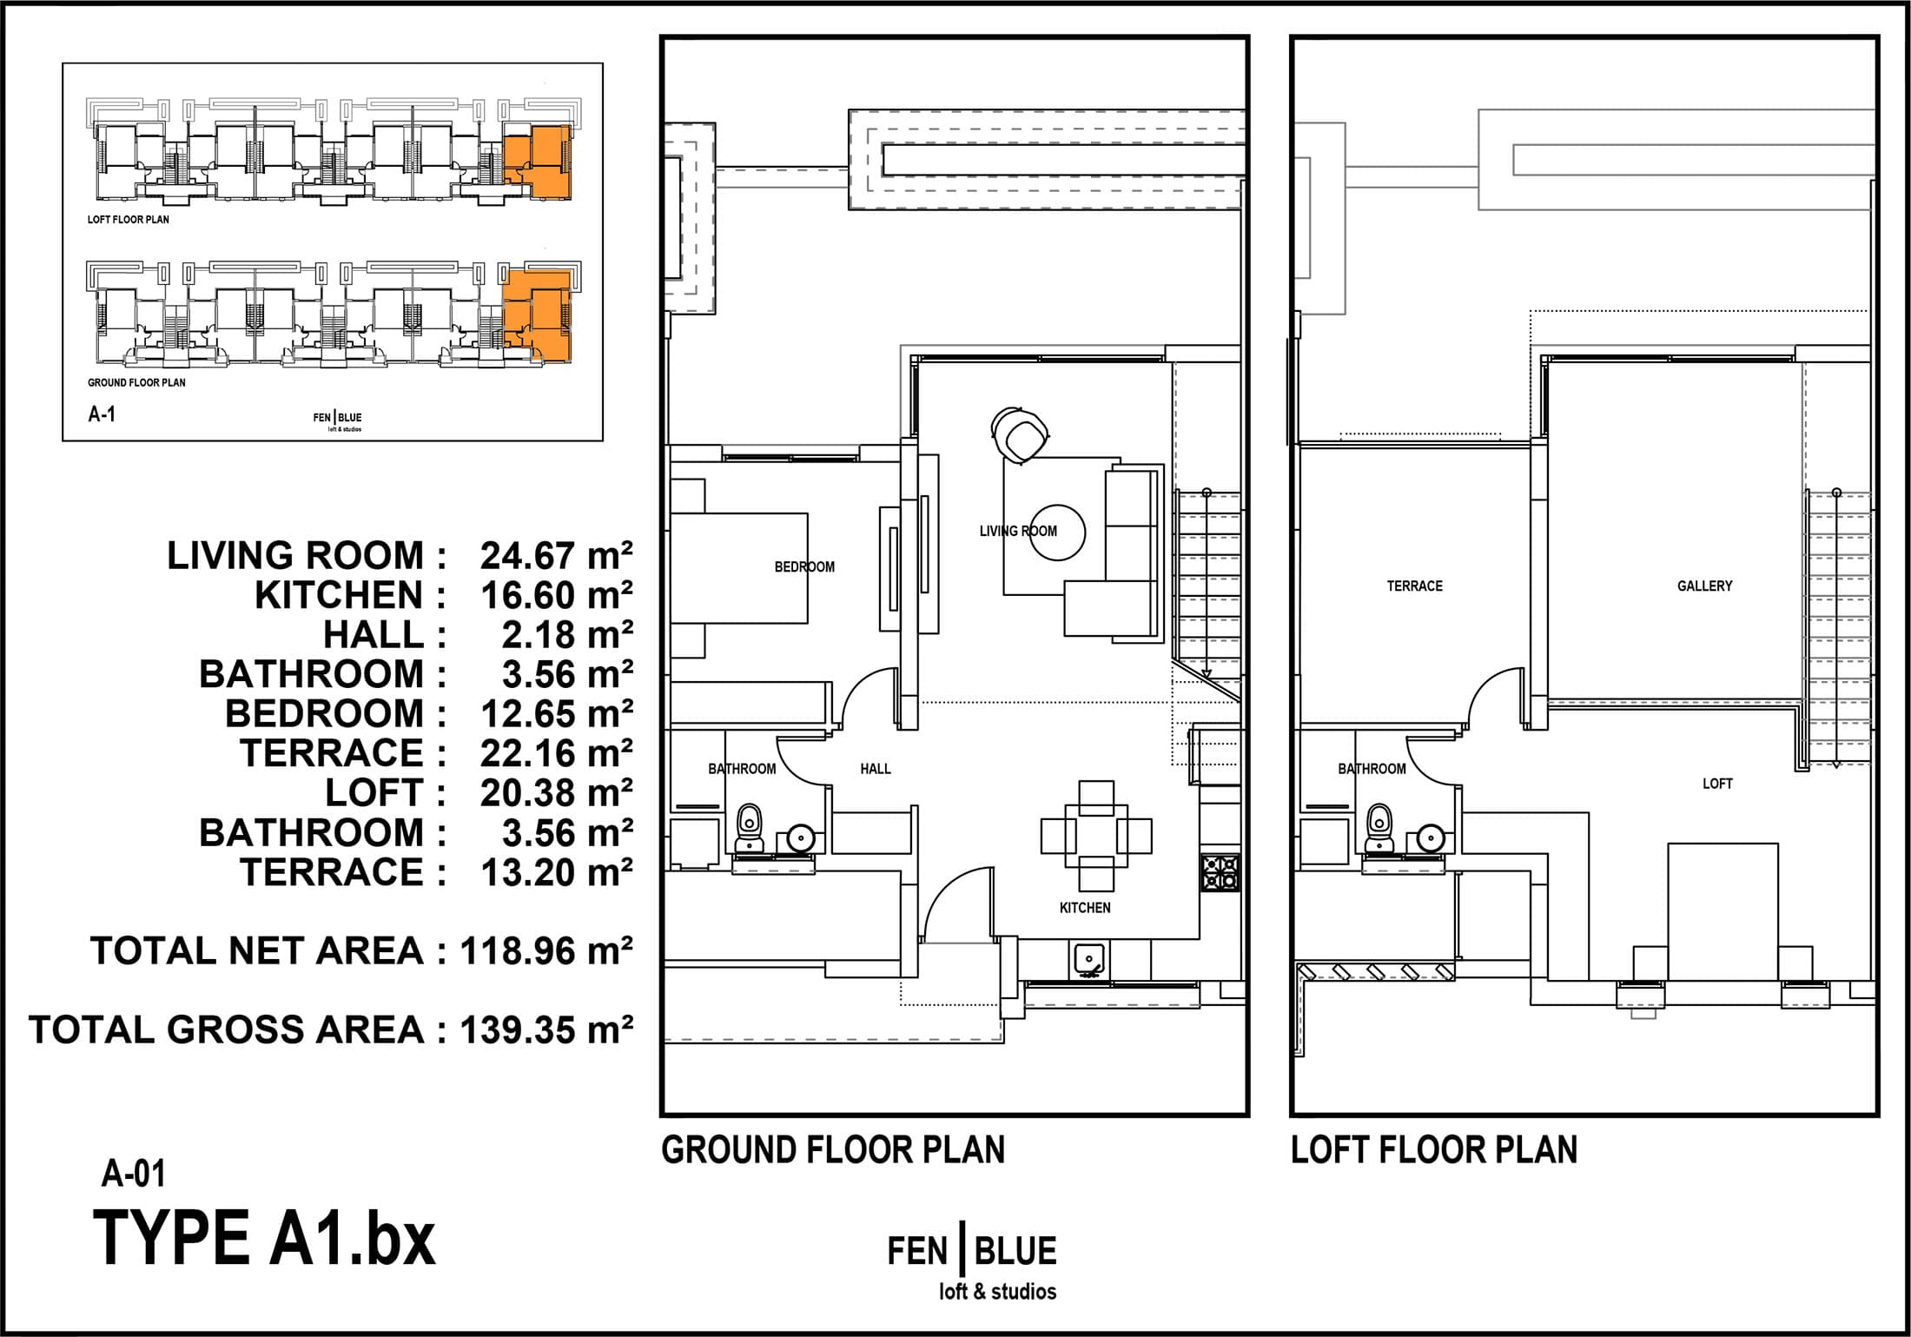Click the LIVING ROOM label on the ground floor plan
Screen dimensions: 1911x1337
(x=1018, y=531)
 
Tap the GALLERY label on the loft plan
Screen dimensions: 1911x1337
(x=1704, y=586)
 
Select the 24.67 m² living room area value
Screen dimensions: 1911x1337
(x=556, y=556)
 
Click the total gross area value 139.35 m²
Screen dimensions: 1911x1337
(x=546, y=1029)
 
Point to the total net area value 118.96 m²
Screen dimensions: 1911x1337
(x=546, y=951)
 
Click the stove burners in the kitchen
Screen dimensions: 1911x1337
(x=1220, y=872)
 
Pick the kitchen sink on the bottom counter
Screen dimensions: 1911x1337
(x=1088, y=957)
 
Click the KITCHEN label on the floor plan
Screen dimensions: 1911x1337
(x=1085, y=908)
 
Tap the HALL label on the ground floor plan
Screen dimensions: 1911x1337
(x=876, y=769)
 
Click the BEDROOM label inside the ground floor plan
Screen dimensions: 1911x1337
(x=804, y=567)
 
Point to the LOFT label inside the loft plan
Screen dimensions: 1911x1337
(x=1717, y=784)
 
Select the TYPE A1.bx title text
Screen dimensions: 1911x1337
(x=264, y=1238)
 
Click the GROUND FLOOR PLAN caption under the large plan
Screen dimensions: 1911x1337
(x=833, y=1150)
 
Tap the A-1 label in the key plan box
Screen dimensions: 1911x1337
(x=102, y=414)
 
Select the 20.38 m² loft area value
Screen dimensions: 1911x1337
(x=556, y=793)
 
